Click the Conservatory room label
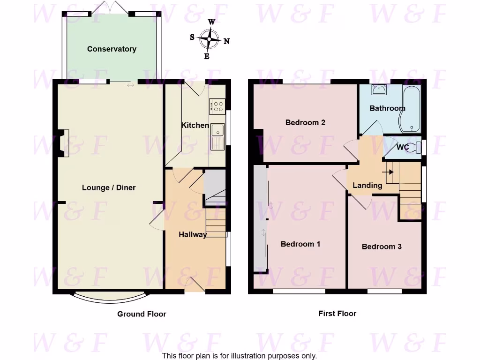click(x=112, y=49)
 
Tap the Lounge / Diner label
click(x=109, y=187)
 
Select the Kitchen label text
click(x=195, y=125)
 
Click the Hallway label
click(x=193, y=234)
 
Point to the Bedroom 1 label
click(x=300, y=244)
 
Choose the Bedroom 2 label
click(x=305, y=122)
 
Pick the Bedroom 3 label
click(x=382, y=246)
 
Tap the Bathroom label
click(x=387, y=108)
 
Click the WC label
click(x=403, y=147)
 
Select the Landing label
click(x=367, y=185)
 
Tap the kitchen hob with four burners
click(x=217, y=106)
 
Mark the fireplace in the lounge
click(x=62, y=143)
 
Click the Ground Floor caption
click(x=142, y=314)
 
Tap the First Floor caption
click(x=337, y=314)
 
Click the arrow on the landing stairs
click(x=388, y=172)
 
